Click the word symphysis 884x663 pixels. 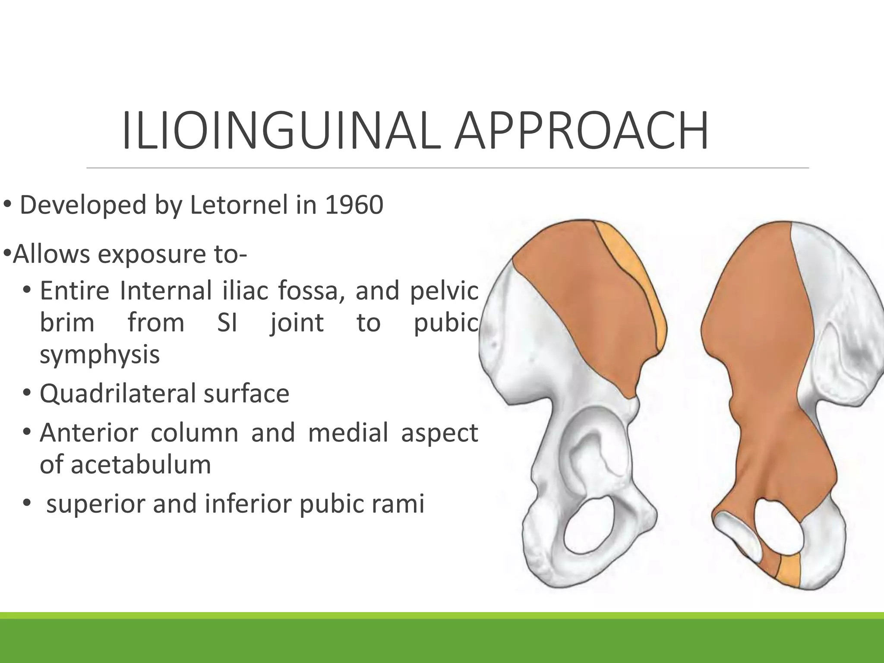pos(100,355)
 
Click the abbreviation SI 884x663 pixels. pos(227,323)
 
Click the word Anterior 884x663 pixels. pos(89,433)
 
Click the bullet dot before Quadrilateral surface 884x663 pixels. pos(27,394)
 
